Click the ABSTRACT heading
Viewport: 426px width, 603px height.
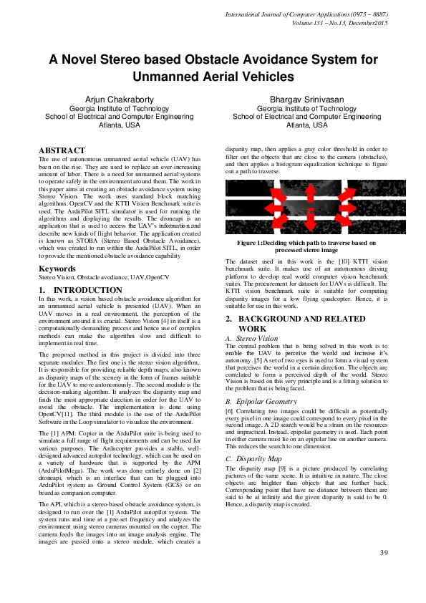[61, 150]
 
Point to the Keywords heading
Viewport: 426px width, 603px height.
[56, 269]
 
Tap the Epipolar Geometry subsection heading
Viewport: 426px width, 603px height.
[266, 402]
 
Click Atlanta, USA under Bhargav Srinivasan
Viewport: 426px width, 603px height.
[306, 125]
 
